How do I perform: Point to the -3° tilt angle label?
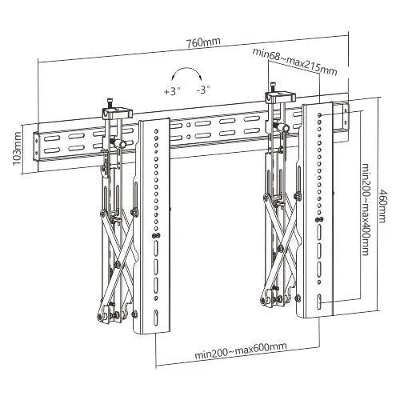pos(204,90)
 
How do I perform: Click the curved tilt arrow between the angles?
pos(187,78)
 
